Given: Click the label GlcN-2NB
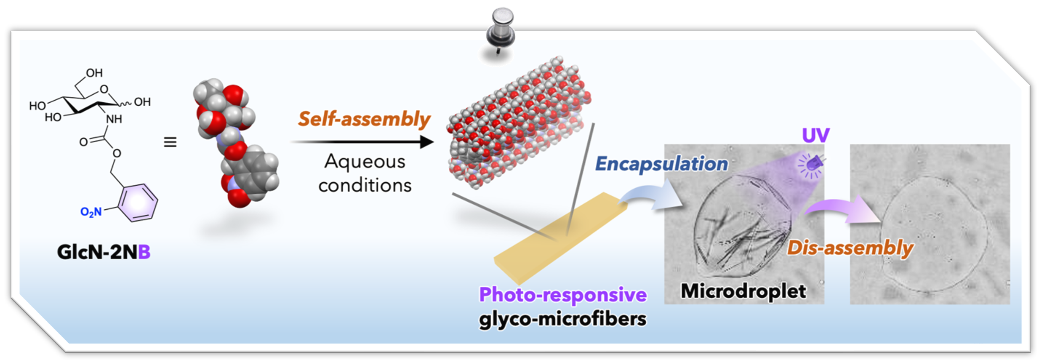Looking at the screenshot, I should [x=104, y=252].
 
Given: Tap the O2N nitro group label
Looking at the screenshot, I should [x=91, y=211].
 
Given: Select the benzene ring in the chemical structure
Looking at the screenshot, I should [x=138, y=203].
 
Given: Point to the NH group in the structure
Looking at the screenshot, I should [x=114, y=119].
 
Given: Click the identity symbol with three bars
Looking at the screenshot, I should [x=170, y=142].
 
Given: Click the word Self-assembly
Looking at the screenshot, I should [x=364, y=119].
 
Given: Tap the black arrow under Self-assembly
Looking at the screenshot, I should [x=362, y=142].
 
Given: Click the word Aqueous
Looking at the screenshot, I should [x=365, y=162].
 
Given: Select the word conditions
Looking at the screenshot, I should [x=365, y=185].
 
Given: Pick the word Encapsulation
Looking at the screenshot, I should [x=661, y=164].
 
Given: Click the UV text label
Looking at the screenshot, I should [x=815, y=136].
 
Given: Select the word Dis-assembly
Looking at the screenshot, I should [x=850, y=248].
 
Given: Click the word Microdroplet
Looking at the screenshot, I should [x=743, y=291].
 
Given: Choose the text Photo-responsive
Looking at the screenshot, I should [x=563, y=294].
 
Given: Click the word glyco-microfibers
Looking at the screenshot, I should [x=563, y=319].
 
